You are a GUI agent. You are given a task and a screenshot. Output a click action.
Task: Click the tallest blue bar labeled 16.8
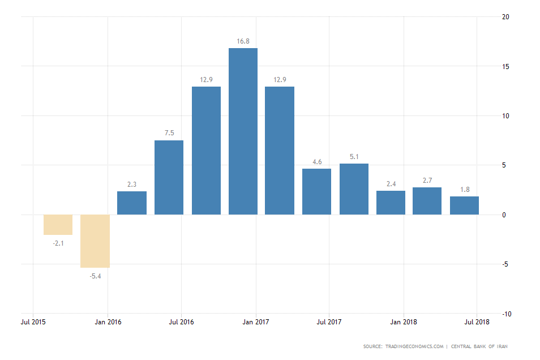click(243, 131)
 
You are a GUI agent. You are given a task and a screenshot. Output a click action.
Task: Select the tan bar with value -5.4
click(95, 241)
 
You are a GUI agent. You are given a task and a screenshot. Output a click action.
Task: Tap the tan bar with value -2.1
click(58, 225)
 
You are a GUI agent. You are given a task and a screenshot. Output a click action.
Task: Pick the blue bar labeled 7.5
click(169, 177)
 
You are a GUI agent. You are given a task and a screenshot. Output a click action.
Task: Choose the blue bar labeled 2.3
click(132, 203)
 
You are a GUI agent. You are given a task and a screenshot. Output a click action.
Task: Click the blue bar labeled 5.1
click(354, 189)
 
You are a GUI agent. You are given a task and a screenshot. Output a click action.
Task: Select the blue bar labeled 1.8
click(464, 205)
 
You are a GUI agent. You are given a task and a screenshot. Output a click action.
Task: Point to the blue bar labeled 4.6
click(316, 191)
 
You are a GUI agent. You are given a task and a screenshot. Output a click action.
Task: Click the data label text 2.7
click(427, 181)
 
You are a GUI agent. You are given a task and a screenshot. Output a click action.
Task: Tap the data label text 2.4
click(391, 183)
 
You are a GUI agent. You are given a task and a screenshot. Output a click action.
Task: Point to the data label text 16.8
click(243, 41)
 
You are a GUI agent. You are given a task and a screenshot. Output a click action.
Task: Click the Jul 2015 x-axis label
click(33, 322)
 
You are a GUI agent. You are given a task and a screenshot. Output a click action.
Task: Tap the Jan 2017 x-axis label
click(256, 322)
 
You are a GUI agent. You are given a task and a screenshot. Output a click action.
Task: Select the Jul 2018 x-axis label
click(477, 322)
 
